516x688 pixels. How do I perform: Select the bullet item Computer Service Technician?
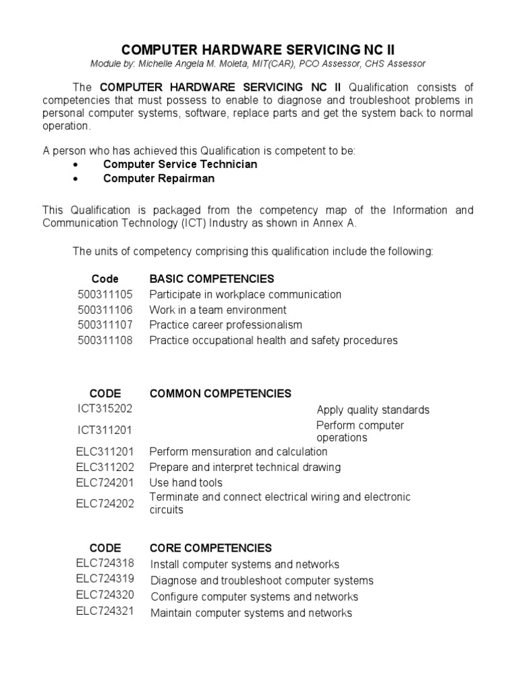(x=180, y=164)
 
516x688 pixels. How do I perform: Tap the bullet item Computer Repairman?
(x=159, y=179)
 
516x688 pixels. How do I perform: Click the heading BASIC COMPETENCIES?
(x=212, y=279)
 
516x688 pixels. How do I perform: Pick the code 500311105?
(x=105, y=294)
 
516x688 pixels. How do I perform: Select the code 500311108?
(x=105, y=341)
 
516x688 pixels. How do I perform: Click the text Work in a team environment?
(x=218, y=310)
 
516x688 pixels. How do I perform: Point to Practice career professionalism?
(x=226, y=325)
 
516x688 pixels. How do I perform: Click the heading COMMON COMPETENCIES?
(x=220, y=394)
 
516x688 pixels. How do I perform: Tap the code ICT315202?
(x=104, y=408)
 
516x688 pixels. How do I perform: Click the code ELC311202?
(x=105, y=467)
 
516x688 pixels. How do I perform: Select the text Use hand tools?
(x=186, y=482)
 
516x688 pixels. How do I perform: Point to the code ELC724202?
(x=105, y=503)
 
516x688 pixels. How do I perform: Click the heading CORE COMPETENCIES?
(x=211, y=548)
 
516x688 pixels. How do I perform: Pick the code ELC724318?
(x=105, y=564)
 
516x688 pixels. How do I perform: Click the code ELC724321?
(x=105, y=612)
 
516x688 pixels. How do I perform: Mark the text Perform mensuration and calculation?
(x=239, y=451)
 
